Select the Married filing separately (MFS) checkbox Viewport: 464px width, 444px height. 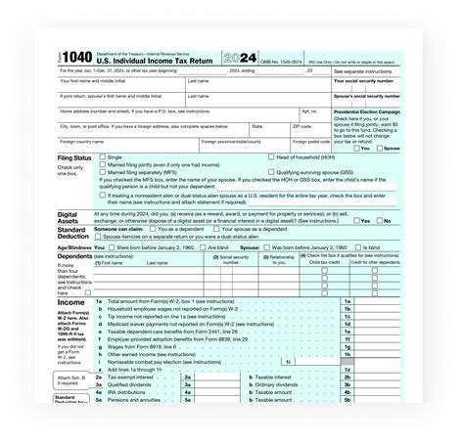(x=101, y=172)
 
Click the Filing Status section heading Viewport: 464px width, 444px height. (x=75, y=156)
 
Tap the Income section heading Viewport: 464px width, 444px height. (x=72, y=302)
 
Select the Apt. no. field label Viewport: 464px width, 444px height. (x=309, y=111)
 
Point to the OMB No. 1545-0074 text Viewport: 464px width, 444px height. (x=286, y=59)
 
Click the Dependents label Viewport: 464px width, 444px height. (x=75, y=256)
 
